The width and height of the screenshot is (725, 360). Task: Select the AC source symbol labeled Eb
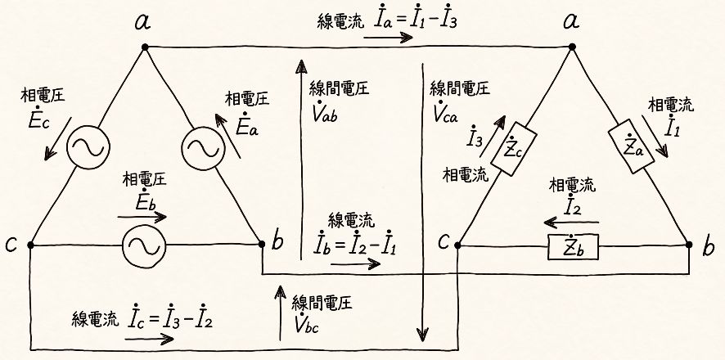tap(144, 245)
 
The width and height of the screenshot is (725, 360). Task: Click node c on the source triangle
tap(30, 245)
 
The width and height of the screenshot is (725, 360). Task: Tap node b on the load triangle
tap(686, 245)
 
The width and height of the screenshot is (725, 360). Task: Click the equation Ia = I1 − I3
tap(413, 20)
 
